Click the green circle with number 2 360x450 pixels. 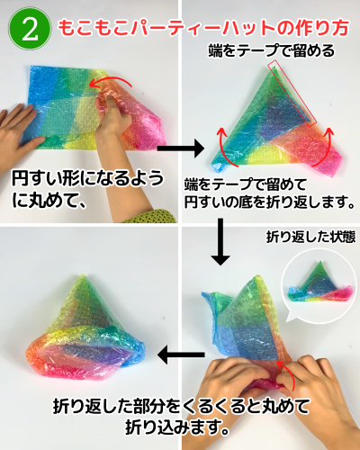(29, 29)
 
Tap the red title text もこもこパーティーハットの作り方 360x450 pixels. (203, 28)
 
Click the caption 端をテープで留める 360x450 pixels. (271, 50)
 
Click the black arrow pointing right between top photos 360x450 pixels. (181, 148)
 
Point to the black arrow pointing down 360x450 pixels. (220, 242)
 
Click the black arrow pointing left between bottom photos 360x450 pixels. (181, 355)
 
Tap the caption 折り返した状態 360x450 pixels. (310, 237)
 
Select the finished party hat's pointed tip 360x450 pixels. (84, 276)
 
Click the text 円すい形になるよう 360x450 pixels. (87, 178)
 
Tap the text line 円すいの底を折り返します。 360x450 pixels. (269, 202)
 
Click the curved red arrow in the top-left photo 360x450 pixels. (111, 78)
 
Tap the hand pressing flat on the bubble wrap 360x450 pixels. (19, 128)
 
